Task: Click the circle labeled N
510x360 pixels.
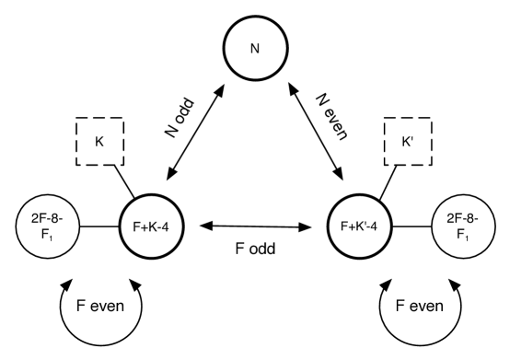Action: (255, 48)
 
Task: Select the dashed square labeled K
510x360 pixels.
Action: (100, 142)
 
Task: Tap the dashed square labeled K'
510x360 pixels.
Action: (409, 142)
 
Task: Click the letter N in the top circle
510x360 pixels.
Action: (255, 49)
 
